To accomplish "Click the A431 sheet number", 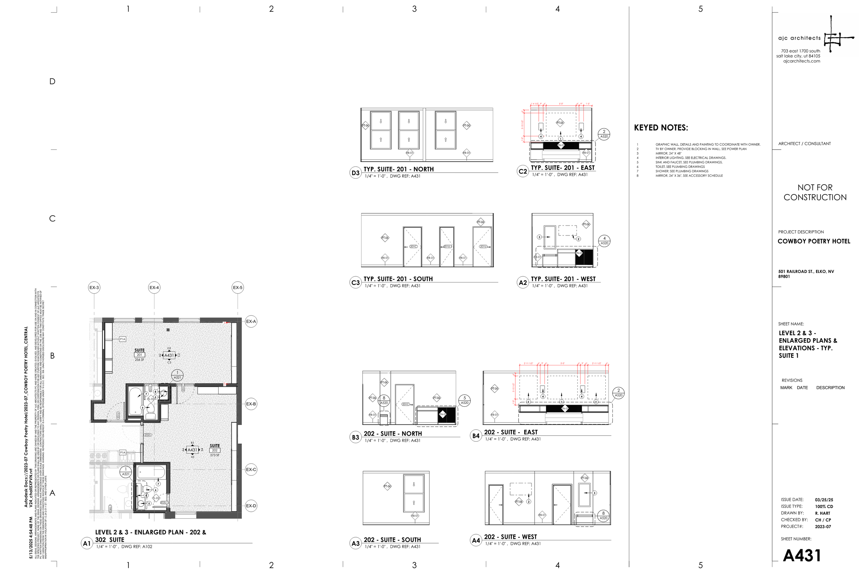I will pos(802,555).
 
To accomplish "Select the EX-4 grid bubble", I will pos(154,288).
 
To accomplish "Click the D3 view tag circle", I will pos(355,173).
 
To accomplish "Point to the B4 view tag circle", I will pos(476,436).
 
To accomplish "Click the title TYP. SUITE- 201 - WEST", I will pos(563,279).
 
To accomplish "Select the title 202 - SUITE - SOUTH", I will pos(392,540).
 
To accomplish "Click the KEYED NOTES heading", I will pos(661,128).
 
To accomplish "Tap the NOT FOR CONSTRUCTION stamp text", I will pos(815,192).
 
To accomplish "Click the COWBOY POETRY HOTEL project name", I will pos(814,241).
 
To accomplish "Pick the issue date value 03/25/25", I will pos(824,499).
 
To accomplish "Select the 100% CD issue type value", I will pos(824,507).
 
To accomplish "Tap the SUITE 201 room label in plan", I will pos(140,353).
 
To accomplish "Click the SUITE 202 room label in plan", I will pos(215,448).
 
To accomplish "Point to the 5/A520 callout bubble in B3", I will pos(465,400).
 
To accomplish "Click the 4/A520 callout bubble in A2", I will pos(604,241).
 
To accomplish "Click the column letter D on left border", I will pos(52,81).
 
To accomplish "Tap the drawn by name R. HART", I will pos(823,513).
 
